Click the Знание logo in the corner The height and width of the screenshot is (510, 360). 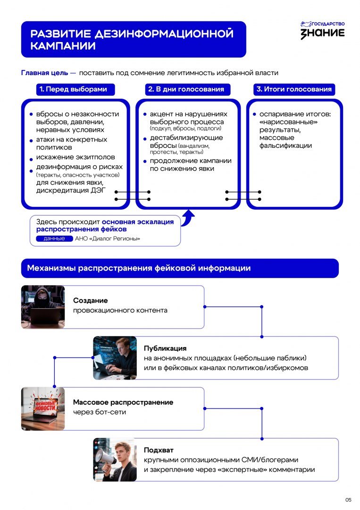pyautogui.click(x=322, y=30)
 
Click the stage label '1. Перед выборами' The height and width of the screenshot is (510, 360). pyautogui.click(x=75, y=89)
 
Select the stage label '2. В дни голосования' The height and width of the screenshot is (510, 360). pyautogui.click(x=187, y=89)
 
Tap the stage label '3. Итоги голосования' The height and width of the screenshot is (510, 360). pyautogui.click(x=294, y=89)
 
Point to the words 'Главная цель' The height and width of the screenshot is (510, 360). pyautogui.click(x=44, y=73)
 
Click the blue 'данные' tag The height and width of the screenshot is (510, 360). pyautogui.click(x=54, y=238)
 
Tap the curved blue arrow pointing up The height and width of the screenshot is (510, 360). pyautogui.click(x=188, y=218)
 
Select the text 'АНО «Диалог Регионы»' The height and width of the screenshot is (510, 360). pyautogui.click(x=108, y=238)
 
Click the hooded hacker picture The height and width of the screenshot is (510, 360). pyautogui.click(x=43, y=307)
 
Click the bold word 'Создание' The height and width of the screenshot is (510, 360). pyautogui.click(x=90, y=300)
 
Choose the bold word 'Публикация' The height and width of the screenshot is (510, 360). pyautogui.click(x=165, y=348)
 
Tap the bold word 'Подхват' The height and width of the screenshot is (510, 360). pyautogui.click(x=159, y=450)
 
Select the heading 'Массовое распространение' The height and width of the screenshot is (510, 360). pyautogui.click(x=123, y=402)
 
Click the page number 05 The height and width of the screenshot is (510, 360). pyautogui.click(x=348, y=500)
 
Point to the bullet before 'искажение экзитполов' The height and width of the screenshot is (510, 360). pyautogui.click(x=31, y=160)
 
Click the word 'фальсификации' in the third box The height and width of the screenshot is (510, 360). pyautogui.click(x=285, y=146)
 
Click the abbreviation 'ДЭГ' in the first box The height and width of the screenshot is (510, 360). pyautogui.click(x=98, y=190)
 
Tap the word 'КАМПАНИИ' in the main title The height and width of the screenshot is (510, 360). pyautogui.click(x=63, y=46)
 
